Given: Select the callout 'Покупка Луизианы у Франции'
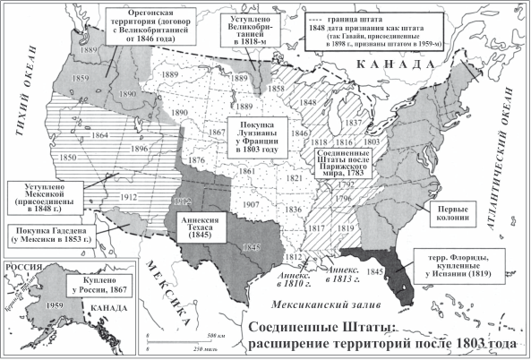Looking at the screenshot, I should coord(257,138).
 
